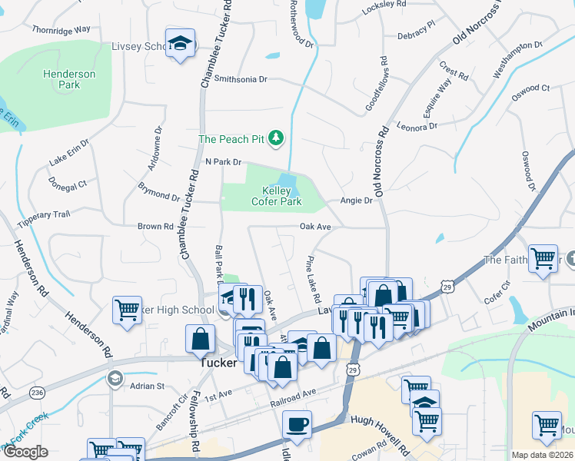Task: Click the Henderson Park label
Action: (69, 79)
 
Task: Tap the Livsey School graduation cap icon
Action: (180, 44)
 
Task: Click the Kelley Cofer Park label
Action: (276, 196)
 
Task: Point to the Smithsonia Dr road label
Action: (241, 79)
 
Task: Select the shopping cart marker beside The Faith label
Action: (543, 259)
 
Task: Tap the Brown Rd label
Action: (155, 227)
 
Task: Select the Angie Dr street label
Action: (357, 201)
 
